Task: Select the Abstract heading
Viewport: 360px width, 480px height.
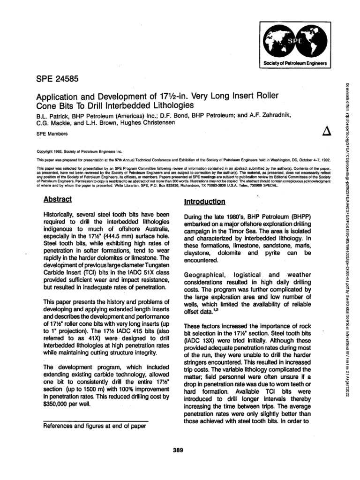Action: click(58, 199)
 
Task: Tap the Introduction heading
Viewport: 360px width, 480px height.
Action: click(205, 202)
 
